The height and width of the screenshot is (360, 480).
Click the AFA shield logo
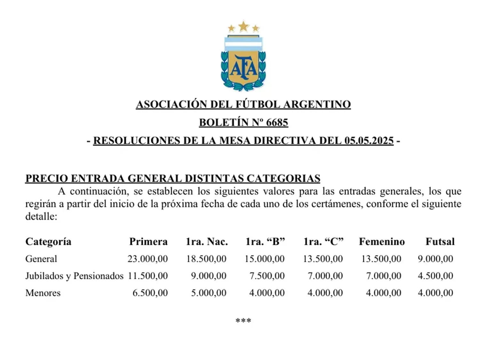(243, 64)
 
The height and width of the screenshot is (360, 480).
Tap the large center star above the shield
(244, 26)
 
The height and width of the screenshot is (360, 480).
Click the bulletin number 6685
(277, 123)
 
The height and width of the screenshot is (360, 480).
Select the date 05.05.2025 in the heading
(369, 141)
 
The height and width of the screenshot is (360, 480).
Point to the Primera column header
(148, 242)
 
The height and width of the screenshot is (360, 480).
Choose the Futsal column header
(440, 242)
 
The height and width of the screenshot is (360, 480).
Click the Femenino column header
(381, 242)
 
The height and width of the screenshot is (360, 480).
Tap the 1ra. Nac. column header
(207, 242)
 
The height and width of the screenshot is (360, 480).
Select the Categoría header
(48, 242)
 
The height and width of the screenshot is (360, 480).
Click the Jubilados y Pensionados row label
(74, 276)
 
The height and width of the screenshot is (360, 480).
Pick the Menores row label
(43, 293)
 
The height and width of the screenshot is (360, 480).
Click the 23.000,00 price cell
(148, 259)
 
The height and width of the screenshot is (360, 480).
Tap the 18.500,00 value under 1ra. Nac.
(206, 259)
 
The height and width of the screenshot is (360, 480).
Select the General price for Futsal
(435, 259)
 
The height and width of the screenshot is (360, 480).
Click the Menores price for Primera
(150, 293)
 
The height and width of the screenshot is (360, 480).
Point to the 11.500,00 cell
(148, 276)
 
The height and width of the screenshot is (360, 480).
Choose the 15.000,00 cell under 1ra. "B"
(265, 259)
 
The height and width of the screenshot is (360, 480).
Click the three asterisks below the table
(243, 321)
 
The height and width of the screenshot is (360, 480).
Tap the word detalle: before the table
(41, 217)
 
